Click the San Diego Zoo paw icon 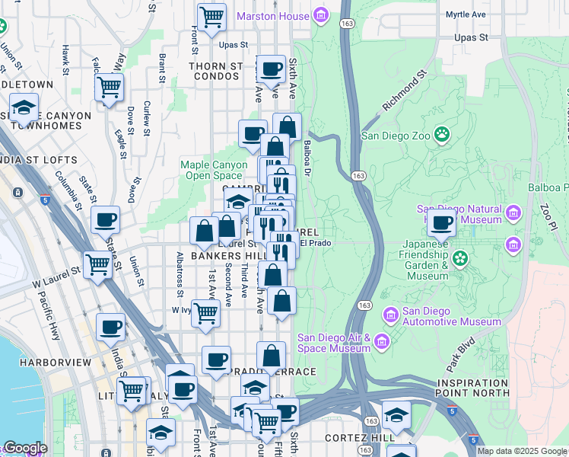point(443,136)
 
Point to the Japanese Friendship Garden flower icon point(459,260)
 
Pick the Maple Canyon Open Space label point(214,170)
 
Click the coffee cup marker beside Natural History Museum point(441,222)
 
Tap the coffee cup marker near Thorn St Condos point(271,69)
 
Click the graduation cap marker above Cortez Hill point(396,415)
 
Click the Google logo point(25,448)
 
